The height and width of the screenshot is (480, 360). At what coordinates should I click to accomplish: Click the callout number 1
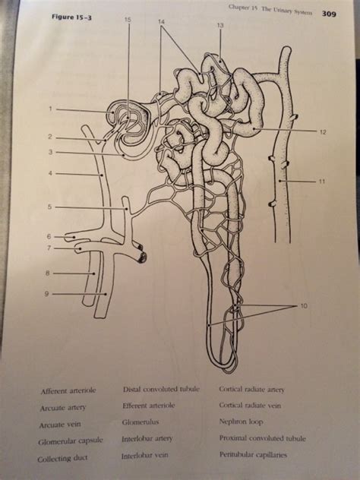click(49, 109)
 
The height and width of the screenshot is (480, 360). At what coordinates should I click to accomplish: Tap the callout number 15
click(128, 20)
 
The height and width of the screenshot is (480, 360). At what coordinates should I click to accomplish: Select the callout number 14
click(161, 22)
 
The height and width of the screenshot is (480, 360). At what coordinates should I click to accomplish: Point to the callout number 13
click(219, 27)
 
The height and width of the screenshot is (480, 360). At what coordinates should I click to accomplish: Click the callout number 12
click(323, 131)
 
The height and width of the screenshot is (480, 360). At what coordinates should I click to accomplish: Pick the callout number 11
click(322, 182)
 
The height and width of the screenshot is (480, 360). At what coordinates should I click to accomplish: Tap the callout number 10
click(304, 307)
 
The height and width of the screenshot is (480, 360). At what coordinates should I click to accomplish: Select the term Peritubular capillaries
click(253, 454)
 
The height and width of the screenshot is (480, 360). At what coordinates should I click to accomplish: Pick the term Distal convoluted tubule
click(160, 389)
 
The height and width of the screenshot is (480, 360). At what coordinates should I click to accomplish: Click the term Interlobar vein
click(146, 456)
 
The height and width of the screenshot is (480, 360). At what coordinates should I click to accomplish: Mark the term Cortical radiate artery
click(251, 389)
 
